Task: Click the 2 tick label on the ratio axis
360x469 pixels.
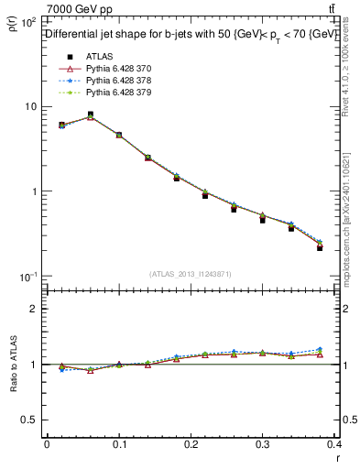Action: (34, 309)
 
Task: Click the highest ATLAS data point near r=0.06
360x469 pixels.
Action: (91, 115)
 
